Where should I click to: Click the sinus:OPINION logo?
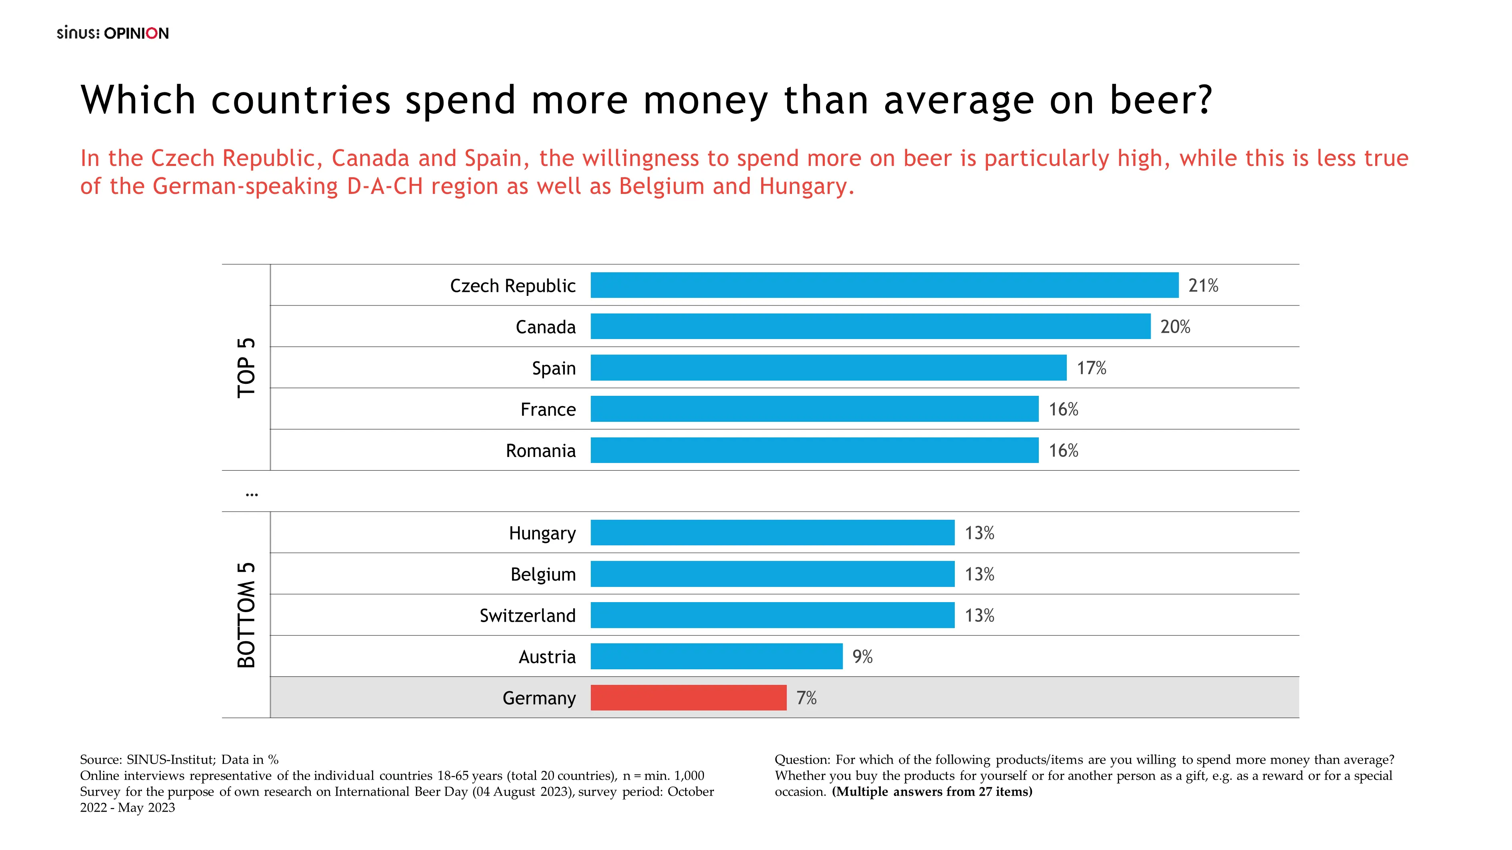[113, 33]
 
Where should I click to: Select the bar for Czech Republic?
[884, 285]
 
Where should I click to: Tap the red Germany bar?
[688, 698]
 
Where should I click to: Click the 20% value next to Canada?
[1175, 327]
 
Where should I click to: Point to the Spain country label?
[554, 368]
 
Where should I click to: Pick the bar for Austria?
[716, 656]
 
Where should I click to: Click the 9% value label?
[862, 656]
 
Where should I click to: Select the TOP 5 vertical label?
[246, 368]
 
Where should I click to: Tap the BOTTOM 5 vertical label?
[246, 615]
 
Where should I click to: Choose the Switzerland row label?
[527, 615]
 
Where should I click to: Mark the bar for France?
[814, 409]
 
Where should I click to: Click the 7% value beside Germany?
[806, 698]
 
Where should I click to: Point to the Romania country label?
[540, 451]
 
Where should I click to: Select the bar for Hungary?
[772, 533]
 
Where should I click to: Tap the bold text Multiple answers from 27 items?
[932, 791]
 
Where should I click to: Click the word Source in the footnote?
[100, 760]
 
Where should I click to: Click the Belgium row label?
[543, 574]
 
